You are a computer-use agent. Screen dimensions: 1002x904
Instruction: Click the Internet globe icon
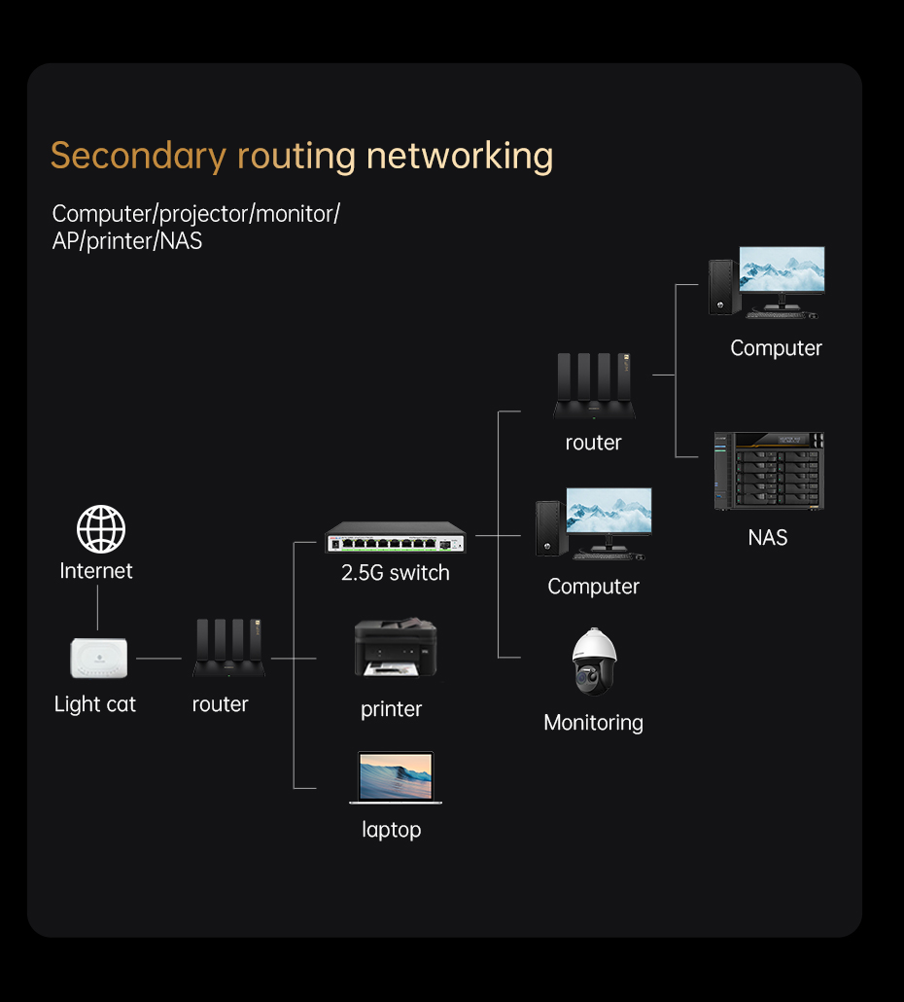tap(101, 529)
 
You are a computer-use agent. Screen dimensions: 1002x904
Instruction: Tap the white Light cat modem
tap(99, 659)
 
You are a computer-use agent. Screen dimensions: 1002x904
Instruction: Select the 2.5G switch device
tap(396, 538)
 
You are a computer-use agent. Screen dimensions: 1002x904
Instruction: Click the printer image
tap(395, 650)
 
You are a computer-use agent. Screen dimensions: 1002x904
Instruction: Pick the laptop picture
tap(396, 777)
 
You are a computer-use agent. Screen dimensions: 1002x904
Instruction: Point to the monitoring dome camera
tap(593, 662)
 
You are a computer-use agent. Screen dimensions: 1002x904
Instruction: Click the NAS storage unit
tap(768, 470)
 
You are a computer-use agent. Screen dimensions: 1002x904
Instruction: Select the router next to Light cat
tap(228, 648)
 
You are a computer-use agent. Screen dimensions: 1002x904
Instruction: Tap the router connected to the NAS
tap(594, 386)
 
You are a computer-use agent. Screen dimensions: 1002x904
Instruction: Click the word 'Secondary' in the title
tap(138, 156)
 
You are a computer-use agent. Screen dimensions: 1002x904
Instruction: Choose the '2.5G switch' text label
tap(396, 573)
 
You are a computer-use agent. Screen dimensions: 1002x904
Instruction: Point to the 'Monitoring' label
tap(593, 723)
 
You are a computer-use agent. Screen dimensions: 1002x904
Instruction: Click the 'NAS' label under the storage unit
tap(768, 537)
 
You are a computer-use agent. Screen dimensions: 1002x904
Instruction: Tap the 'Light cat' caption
tap(95, 704)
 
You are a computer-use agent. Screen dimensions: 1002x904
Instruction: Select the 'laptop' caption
tap(392, 830)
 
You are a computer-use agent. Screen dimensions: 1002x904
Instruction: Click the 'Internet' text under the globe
tap(96, 571)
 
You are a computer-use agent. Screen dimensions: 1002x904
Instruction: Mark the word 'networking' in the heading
tap(460, 156)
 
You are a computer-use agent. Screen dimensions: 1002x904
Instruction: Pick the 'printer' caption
tap(392, 709)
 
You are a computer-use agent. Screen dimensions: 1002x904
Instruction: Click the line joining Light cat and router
tap(158, 659)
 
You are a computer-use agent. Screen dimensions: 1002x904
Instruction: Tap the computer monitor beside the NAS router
tap(781, 270)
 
